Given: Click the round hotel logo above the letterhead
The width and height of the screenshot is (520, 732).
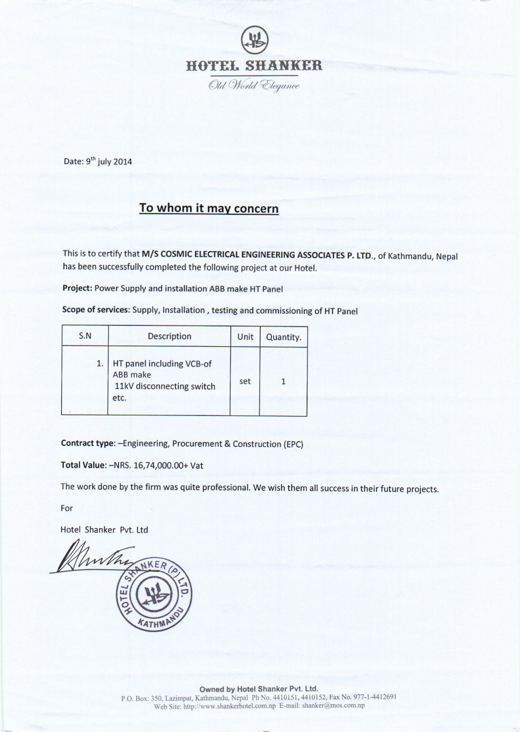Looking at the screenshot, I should point(255,40).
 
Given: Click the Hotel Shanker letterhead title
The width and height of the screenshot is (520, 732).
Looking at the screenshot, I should point(254,66).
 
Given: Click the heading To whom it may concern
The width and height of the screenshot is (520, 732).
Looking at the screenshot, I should point(209,209).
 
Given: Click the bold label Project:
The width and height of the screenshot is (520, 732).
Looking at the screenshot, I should point(78,288).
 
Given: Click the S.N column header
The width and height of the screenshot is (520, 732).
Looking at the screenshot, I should point(85,336).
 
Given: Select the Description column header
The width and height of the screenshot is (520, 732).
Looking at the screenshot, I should point(169,336).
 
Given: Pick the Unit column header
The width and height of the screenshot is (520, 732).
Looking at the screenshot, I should point(245,337).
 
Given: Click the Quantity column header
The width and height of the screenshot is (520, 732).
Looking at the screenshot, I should point(284,337).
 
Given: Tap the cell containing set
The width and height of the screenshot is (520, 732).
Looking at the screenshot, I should point(245,381).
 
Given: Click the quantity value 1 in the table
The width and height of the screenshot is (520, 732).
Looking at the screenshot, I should point(283,382).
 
